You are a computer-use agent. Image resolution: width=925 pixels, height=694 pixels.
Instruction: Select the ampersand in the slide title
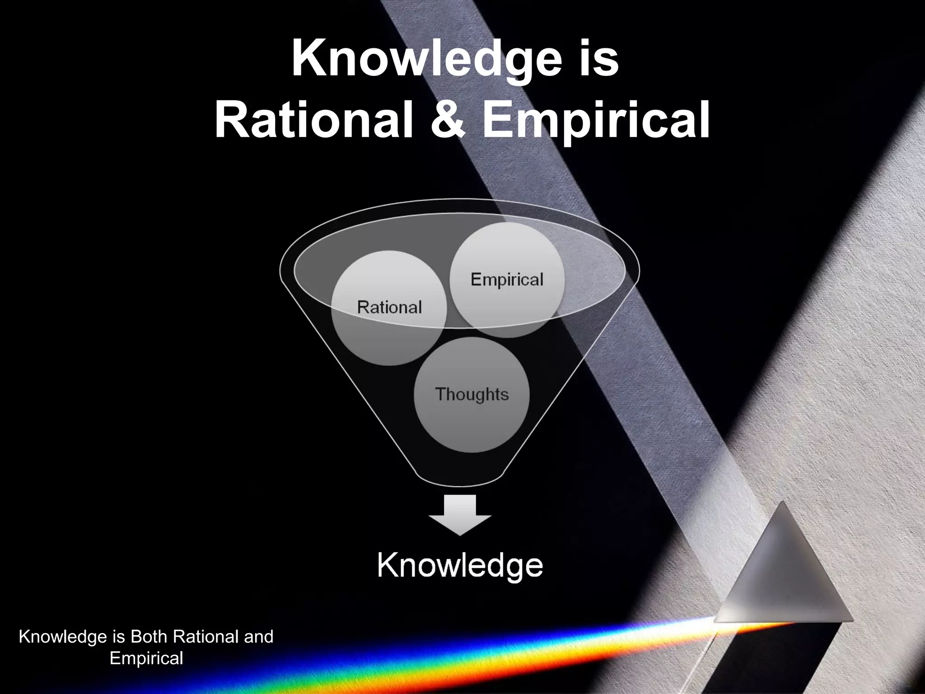coord(447,120)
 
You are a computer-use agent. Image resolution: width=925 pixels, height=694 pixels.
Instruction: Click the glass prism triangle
coord(784,574)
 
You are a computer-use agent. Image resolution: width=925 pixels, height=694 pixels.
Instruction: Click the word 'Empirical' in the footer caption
coord(146,658)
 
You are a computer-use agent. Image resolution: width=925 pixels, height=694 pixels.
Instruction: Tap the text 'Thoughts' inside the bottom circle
coord(472,394)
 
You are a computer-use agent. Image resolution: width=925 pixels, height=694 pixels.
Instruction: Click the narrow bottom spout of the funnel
coord(460,479)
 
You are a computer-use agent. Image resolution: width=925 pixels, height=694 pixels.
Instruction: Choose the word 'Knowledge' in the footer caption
coord(61,637)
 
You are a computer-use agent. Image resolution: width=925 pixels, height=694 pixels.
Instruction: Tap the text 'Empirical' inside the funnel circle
coord(507,280)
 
